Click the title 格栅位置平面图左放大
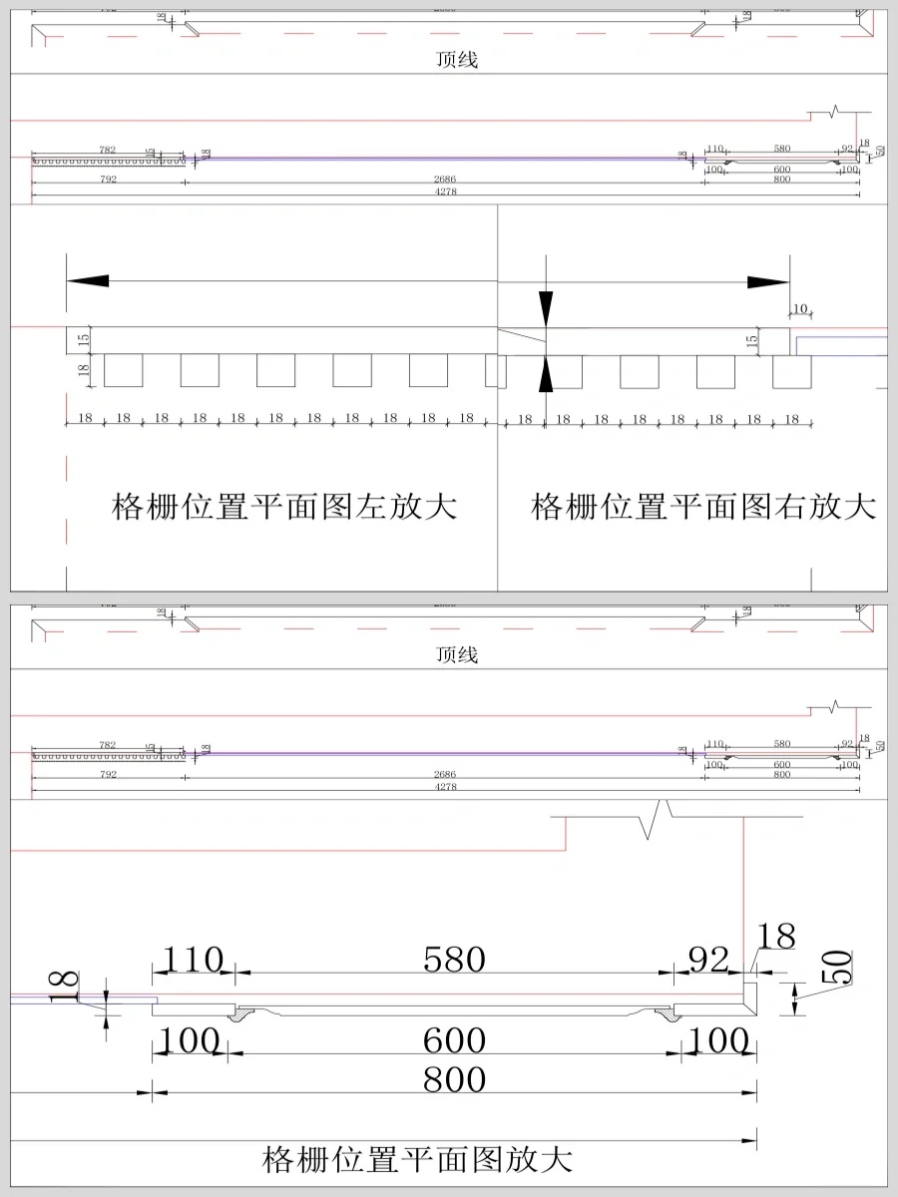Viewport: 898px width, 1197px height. tap(284, 507)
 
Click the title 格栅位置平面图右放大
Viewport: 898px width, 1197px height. tap(703, 507)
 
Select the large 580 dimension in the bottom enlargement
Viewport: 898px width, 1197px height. tap(454, 960)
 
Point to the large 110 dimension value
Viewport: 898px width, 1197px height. tap(193, 960)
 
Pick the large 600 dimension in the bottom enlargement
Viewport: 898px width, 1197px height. tap(454, 1040)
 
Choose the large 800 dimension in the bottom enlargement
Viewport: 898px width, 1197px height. tap(454, 1079)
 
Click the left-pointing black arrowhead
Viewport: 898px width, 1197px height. tap(88, 282)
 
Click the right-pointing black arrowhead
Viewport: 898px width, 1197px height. tap(768, 282)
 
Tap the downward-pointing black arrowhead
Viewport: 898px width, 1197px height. tap(546, 309)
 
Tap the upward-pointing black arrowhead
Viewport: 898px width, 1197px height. tap(546, 375)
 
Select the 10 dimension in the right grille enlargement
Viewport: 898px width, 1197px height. tap(799, 307)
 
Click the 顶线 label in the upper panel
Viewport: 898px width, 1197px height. tap(457, 60)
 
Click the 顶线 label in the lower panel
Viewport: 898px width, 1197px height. tap(457, 655)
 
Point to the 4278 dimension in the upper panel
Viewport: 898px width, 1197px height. tap(446, 192)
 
